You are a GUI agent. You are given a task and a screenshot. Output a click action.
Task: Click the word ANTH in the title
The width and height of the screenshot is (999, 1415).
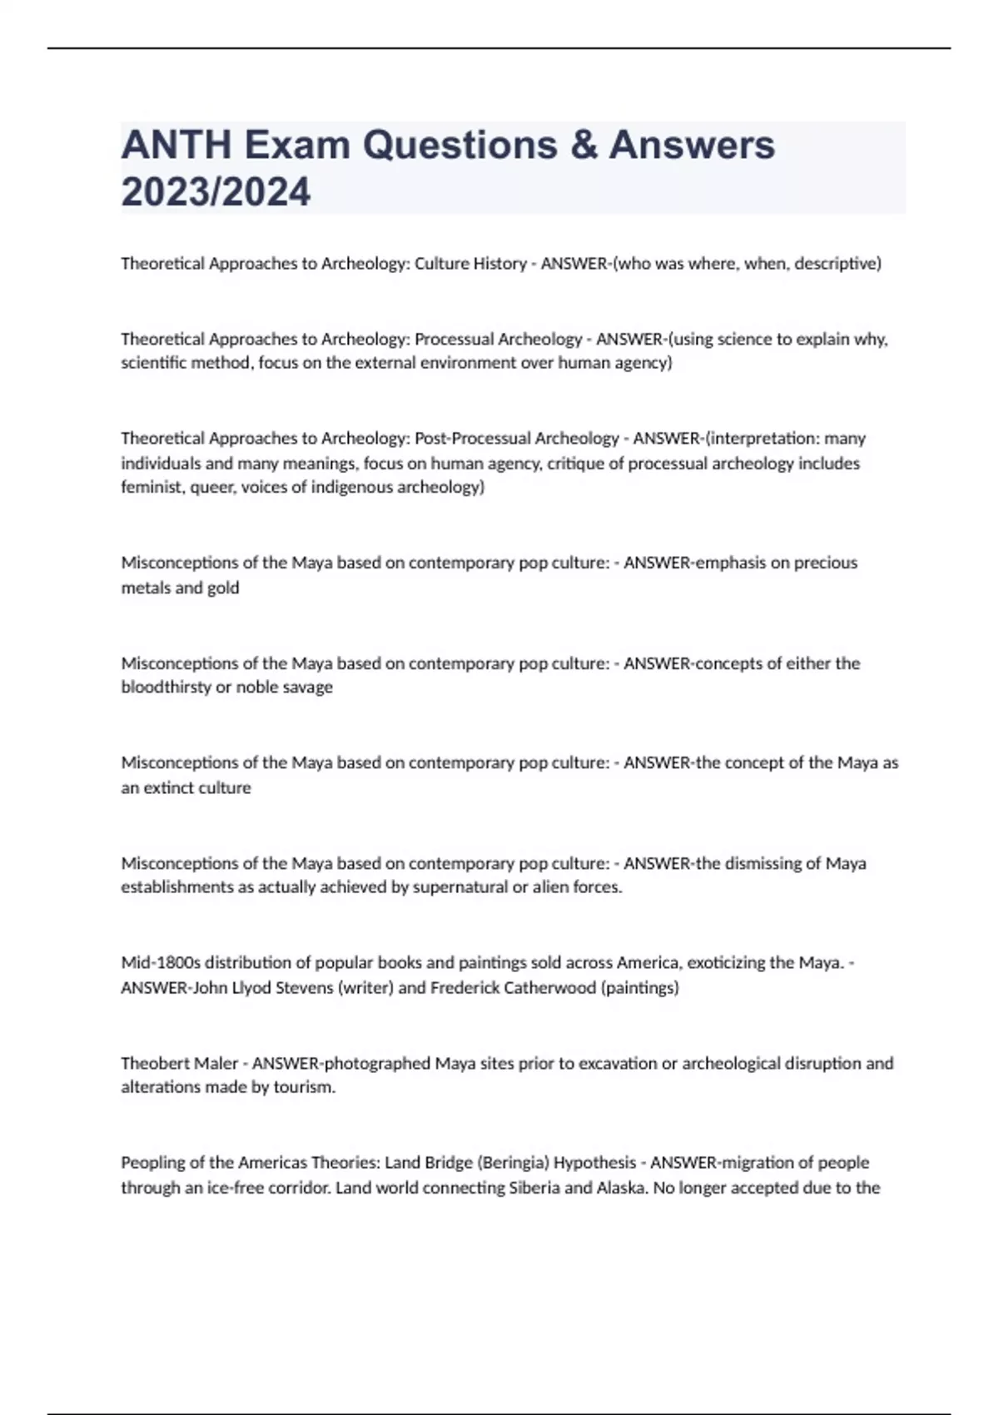pyautogui.click(x=176, y=146)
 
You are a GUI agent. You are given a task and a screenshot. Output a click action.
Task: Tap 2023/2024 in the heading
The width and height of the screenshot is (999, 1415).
pyautogui.click(x=216, y=192)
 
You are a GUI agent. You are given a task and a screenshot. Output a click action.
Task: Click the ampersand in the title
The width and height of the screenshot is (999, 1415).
pyautogui.click(x=588, y=146)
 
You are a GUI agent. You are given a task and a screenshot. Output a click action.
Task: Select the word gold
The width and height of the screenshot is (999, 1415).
pyautogui.click(x=223, y=588)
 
